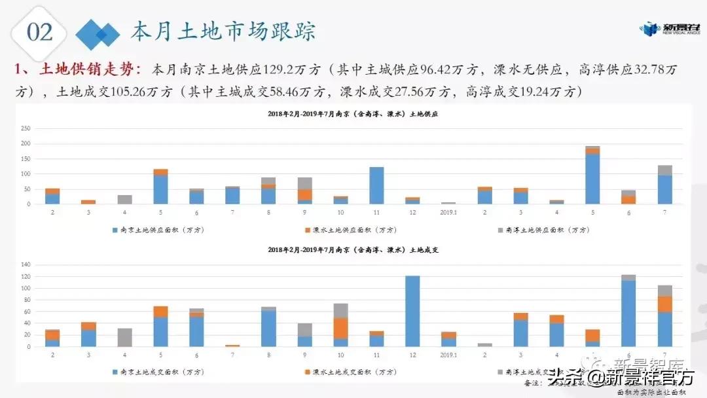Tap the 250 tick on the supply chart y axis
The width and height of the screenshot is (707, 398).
click(x=26, y=128)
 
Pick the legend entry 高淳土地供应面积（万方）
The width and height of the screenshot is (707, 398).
click(x=543, y=230)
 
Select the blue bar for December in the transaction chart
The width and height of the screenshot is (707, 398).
click(x=412, y=311)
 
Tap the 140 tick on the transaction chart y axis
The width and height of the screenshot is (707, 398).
click(x=26, y=264)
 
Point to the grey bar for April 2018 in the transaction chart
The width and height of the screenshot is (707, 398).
click(x=124, y=337)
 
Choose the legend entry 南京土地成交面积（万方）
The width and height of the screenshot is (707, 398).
click(x=164, y=372)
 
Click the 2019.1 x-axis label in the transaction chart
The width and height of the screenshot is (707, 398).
click(x=448, y=356)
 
